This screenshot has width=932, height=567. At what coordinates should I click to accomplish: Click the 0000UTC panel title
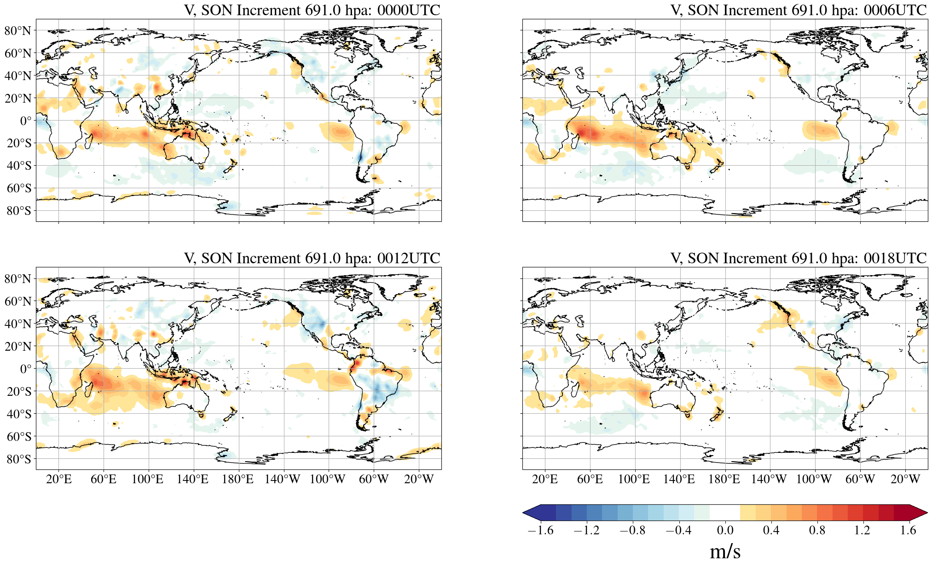[x=312, y=10]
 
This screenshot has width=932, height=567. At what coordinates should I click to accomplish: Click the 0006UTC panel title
[x=799, y=10]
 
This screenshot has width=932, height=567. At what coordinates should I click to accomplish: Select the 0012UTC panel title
[x=312, y=258]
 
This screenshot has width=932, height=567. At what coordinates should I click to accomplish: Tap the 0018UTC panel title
[x=799, y=258]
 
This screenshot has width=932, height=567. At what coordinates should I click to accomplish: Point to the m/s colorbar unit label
[x=725, y=551]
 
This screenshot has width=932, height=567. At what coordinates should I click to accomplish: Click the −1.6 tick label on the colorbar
[x=540, y=530]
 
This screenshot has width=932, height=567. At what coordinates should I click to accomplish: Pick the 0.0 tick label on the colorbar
[x=725, y=530]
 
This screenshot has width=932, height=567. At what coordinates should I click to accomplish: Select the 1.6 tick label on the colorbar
[x=908, y=530]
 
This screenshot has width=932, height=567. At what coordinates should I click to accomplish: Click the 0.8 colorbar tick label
[x=817, y=530]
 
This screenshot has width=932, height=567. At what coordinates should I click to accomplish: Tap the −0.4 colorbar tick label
[x=678, y=530]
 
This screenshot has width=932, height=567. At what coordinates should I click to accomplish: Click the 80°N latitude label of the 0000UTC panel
[x=18, y=31]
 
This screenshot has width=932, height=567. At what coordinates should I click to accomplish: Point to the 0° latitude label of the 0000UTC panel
[x=26, y=121]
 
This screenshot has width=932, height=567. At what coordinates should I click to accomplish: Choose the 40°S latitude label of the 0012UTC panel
[x=19, y=414]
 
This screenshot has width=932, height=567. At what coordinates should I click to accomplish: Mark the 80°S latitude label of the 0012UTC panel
[x=19, y=459]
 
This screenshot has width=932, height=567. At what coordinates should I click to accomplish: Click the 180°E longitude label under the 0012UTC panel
[x=237, y=480]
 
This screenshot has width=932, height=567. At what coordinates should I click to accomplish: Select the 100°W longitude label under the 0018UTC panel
[x=814, y=480]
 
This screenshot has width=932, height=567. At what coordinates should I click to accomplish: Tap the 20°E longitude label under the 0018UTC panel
[x=545, y=480]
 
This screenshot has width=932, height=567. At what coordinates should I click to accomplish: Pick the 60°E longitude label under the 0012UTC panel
[x=104, y=480]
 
